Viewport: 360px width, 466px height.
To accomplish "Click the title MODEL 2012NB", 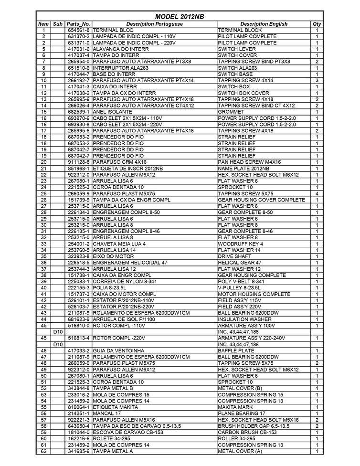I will pos(180,17).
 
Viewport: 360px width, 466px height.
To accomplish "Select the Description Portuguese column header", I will pos(154,23).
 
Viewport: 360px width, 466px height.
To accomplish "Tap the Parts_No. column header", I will pos(78,23).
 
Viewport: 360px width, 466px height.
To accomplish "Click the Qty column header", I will pos(317,23).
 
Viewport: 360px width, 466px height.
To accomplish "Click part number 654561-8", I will pos(78,30).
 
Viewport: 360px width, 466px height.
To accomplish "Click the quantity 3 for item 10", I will pos(317,80).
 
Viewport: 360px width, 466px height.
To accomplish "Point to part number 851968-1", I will pos(78,168).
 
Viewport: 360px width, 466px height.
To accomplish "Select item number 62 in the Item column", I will pos(43,450).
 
